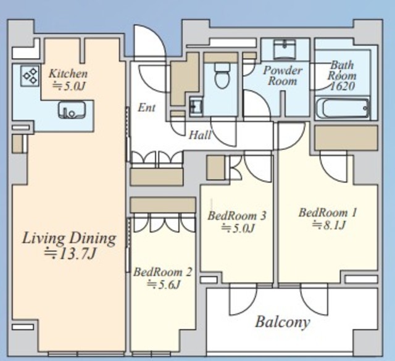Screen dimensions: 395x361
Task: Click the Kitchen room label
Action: coord(69,73)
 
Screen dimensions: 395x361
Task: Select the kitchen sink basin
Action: coord(72,110)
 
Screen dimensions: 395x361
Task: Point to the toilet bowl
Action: coord(222,75)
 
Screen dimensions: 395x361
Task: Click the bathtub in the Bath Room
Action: coord(343,109)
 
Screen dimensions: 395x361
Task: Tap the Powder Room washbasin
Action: coord(285,49)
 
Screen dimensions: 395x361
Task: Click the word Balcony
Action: coord(283,322)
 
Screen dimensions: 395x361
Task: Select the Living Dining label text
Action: coord(69,238)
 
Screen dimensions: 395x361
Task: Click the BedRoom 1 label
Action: coord(328,213)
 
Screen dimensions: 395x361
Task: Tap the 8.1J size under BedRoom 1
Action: coord(328,225)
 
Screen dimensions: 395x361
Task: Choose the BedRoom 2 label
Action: coord(163,272)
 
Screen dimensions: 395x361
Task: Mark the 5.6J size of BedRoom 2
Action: coord(164,284)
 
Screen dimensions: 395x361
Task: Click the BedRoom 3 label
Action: coord(237,215)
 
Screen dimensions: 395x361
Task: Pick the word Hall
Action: coord(200,135)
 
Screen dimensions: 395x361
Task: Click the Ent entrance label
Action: coord(147,108)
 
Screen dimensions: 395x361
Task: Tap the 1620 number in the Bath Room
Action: coord(342,86)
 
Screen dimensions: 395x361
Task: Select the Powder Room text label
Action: coord(283,75)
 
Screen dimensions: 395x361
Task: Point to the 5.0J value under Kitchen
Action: coord(69,86)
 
